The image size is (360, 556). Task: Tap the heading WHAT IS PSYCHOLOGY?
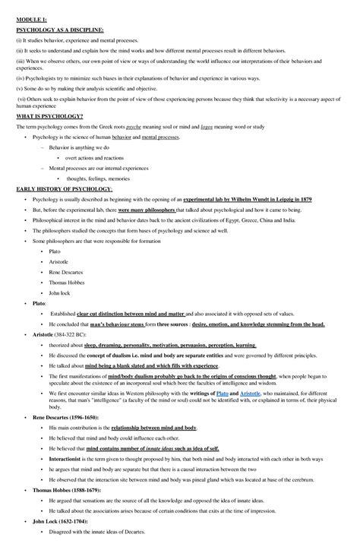click(49, 116)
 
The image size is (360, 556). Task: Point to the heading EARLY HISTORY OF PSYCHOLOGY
click(64, 188)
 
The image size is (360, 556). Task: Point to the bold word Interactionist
click(69, 458)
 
